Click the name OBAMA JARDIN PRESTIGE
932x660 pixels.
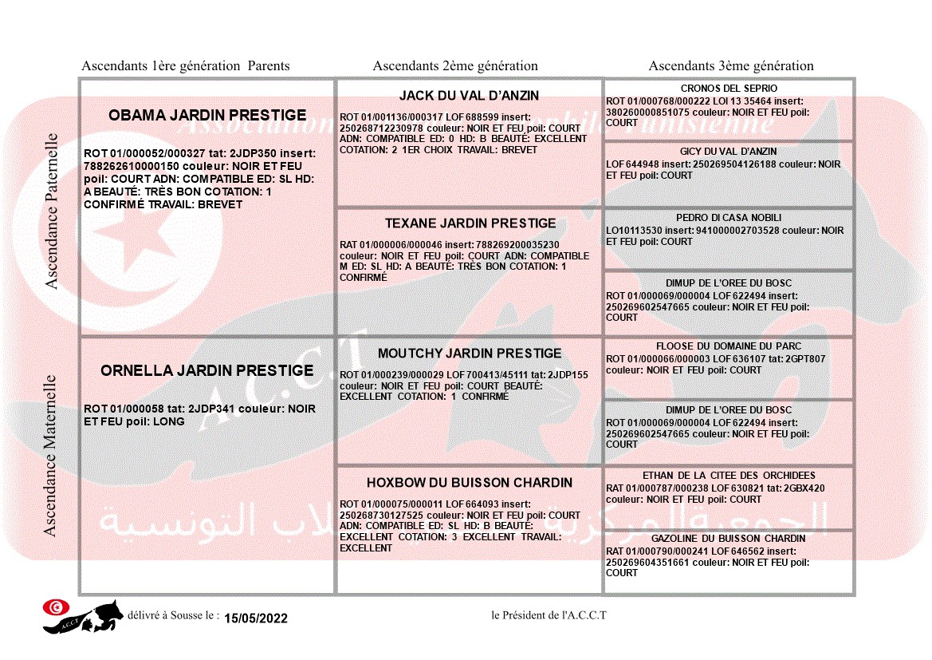pyautogui.click(x=207, y=116)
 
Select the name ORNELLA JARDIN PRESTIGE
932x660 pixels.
pyautogui.click(x=207, y=371)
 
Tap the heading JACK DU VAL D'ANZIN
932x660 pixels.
pyautogui.click(x=469, y=96)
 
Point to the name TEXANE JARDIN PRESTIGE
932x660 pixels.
pyautogui.click(x=470, y=223)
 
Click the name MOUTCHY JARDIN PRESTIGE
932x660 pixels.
pyautogui.click(x=470, y=354)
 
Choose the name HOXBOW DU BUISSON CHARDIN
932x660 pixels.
pyautogui.click(x=470, y=483)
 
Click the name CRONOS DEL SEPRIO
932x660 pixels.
pyautogui.click(x=729, y=89)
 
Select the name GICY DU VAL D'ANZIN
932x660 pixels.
pyautogui.click(x=729, y=152)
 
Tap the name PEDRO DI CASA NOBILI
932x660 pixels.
pyautogui.click(x=729, y=218)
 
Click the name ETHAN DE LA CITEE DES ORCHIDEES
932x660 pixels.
pyautogui.click(x=729, y=476)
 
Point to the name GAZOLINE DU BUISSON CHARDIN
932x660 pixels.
pyautogui.click(x=729, y=539)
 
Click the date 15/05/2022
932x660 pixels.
pyautogui.click(x=256, y=619)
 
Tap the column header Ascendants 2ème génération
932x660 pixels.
pyautogui.click(x=455, y=66)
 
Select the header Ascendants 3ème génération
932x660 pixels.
pyautogui.click(x=731, y=66)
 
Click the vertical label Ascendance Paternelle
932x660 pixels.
pyautogui.click(x=52, y=211)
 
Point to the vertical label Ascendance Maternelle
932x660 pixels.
pyautogui.click(x=50, y=455)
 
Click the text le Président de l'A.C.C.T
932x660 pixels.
pyautogui.click(x=549, y=615)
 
